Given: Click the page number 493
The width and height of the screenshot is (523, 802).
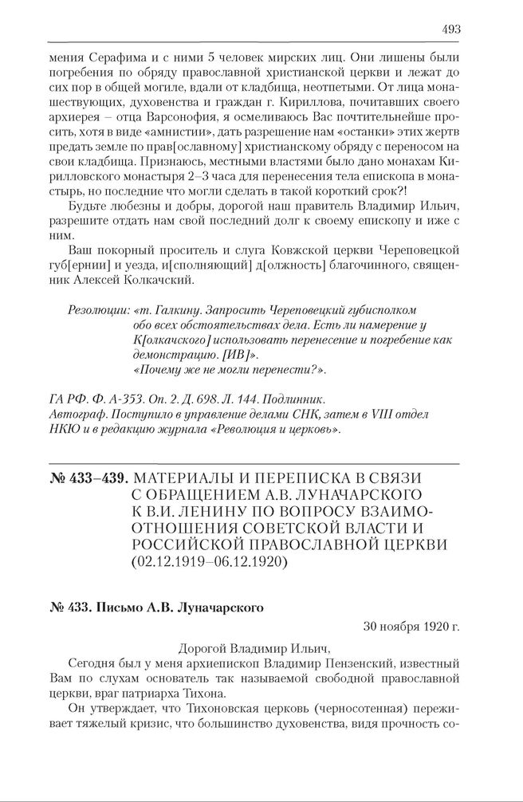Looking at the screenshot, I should tap(450, 29).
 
